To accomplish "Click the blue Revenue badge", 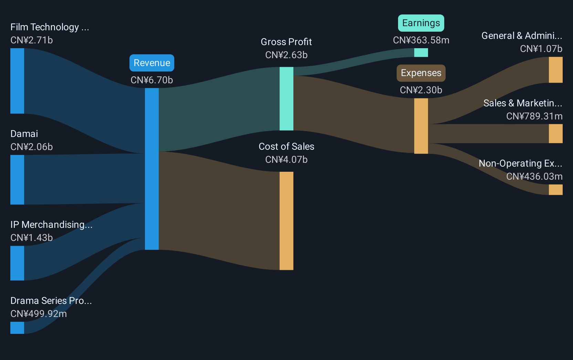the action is click(152, 63).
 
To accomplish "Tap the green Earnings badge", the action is click(421, 23).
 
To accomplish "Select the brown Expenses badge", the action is click(421, 73).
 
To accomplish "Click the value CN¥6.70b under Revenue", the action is click(152, 80).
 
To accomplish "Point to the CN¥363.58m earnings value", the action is click(421, 40).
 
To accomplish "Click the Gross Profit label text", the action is click(286, 42).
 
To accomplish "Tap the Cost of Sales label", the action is click(286, 147).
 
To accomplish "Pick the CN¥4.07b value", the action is click(286, 160).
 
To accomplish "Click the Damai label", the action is click(24, 134).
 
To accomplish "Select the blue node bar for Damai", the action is click(17, 180).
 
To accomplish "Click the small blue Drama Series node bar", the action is click(17, 328).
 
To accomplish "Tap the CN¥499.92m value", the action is click(39, 314).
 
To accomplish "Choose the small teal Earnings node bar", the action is click(421, 53).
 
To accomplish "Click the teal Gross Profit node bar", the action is click(286, 99).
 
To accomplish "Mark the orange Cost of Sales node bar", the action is click(286, 221).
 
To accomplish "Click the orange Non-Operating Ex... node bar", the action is click(555, 190).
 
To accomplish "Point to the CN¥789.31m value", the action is click(534, 116).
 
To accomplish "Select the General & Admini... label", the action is click(522, 36).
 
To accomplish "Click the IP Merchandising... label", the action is click(51, 224).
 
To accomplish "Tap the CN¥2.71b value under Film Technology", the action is click(31, 40).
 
